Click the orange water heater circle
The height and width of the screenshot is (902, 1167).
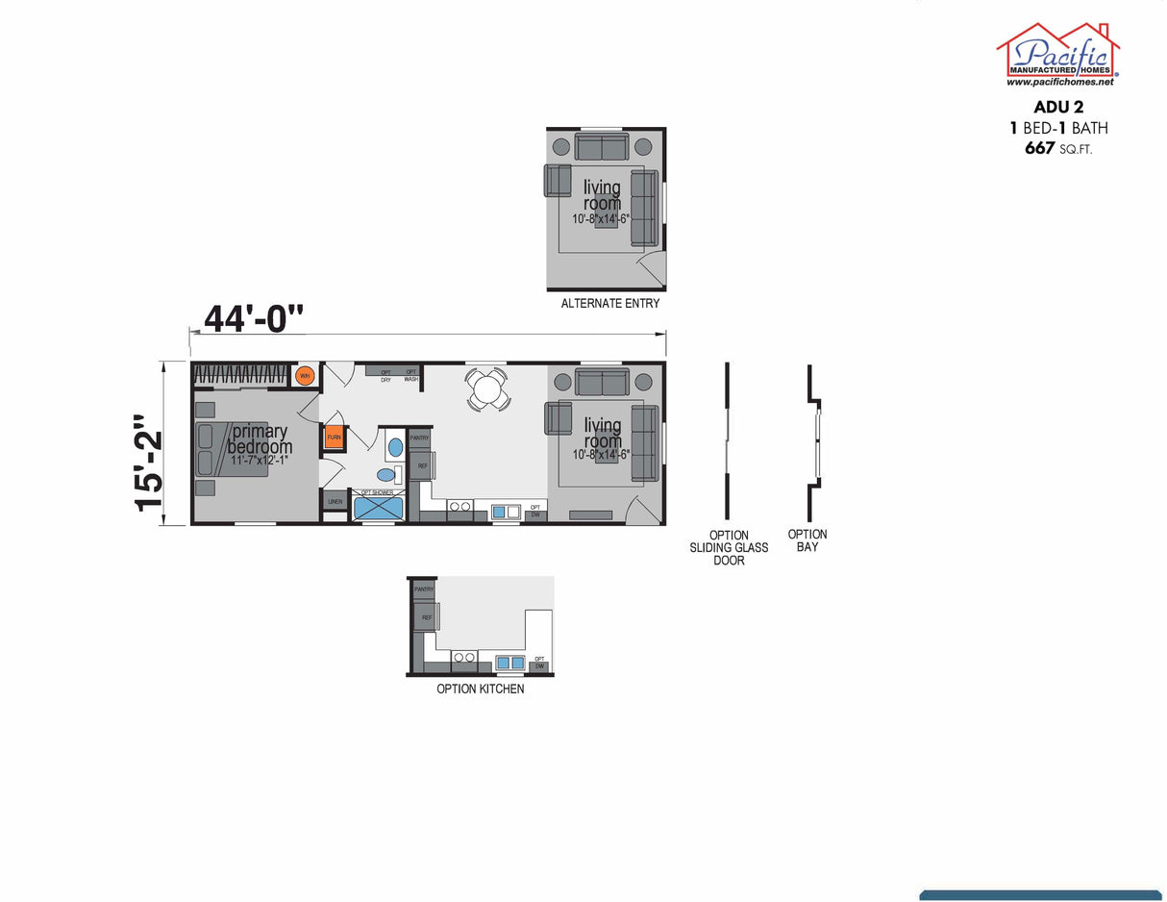click(x=305, y=376)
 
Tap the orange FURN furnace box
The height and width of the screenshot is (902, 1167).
click(x=334, y=438)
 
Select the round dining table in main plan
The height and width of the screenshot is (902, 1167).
click(x=487, y=390)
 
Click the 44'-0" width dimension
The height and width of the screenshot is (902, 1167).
click(x=253, y=318)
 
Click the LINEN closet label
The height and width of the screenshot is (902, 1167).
click(x=335, y=502)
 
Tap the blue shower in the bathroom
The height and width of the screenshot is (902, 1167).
click(x=379, y=506)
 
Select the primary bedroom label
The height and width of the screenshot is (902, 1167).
click(x=260, y=440)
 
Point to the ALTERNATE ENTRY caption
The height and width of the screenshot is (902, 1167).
click(x=610, y=304)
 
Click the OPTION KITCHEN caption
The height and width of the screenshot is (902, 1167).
click(x=481, y=689)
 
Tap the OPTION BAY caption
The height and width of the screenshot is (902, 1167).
click(x=807, y=540)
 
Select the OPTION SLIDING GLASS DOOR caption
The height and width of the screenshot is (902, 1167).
click(x=729, y=548)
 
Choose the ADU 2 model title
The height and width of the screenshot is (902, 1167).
click(x=1057, y=107)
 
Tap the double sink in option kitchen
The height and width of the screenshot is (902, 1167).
click(x=509, y=663)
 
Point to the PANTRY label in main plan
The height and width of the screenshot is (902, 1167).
click(x=420, y=438)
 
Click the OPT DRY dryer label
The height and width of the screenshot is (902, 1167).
click(x=385, y=375)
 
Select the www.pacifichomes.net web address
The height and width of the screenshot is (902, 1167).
click(x=1058, y=83)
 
